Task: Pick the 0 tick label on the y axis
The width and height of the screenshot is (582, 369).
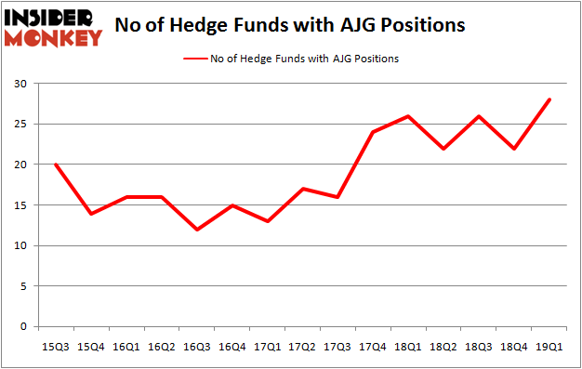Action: (x=23, y=327)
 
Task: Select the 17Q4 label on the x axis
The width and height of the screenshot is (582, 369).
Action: (x=372, y=347)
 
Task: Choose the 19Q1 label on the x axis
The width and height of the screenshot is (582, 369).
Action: (x=548, y=347)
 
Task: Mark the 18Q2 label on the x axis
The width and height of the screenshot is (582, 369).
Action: (x=443, y=347)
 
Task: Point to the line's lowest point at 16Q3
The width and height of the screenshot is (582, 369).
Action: (x=197, y=230)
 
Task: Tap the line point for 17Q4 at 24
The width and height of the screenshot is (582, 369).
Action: (x=372, y=132)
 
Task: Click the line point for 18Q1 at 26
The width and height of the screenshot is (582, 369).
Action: (x=407, y=116)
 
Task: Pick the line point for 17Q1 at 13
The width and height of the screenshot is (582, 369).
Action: (x=267, y=221)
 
